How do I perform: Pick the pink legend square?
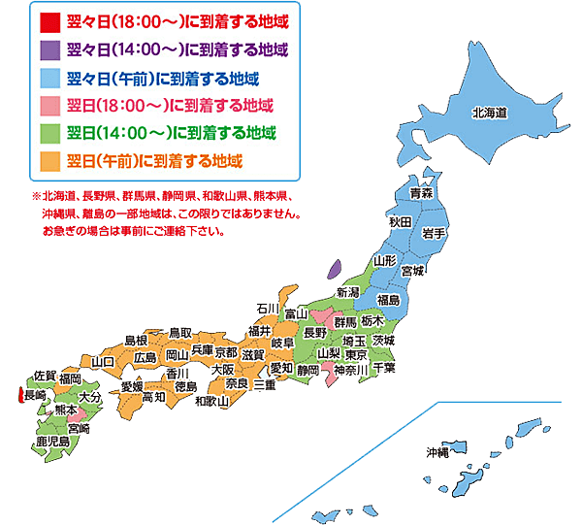click(x=48, y=103)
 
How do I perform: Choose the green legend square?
click(x=48, y=131)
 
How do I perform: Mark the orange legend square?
click(x=48, y=158)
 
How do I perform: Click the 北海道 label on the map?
click(x=490, y=114)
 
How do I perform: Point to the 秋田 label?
click(x=401, y=222)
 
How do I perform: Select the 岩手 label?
click(x=433, y=234)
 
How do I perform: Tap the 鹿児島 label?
click(x=52, y=442)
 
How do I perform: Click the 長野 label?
click(x=315, y=333)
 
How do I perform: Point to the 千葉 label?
click(x=383, y=368)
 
